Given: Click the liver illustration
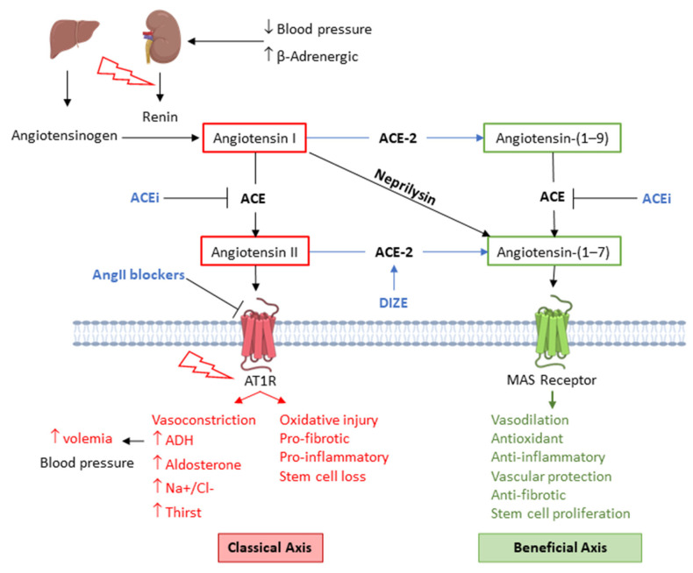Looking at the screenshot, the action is click(74, 39).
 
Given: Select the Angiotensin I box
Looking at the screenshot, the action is click(254, 138).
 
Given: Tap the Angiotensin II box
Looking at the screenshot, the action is click(254, 251).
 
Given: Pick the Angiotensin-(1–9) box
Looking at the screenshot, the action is click(552, 138).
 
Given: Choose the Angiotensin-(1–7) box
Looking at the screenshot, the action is click(554, 251).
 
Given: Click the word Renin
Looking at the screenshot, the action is click(160, 117).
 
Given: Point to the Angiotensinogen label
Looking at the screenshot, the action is click(65, 136).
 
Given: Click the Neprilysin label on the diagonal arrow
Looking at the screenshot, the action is click(405, 187).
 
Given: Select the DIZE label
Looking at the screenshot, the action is click(393, 303).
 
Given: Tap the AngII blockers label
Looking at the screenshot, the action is click(139, 275).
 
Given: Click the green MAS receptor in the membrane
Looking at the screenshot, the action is click(553, 332).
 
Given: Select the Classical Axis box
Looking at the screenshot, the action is click(270, 548).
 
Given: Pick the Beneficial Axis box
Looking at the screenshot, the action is click(560, 548).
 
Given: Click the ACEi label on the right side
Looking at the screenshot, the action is click(656, 199).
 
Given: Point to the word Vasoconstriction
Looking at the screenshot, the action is click(204, 420).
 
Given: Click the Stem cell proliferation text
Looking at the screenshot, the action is click(561, 513).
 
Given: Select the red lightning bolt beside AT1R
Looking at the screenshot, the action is click(205, 365).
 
